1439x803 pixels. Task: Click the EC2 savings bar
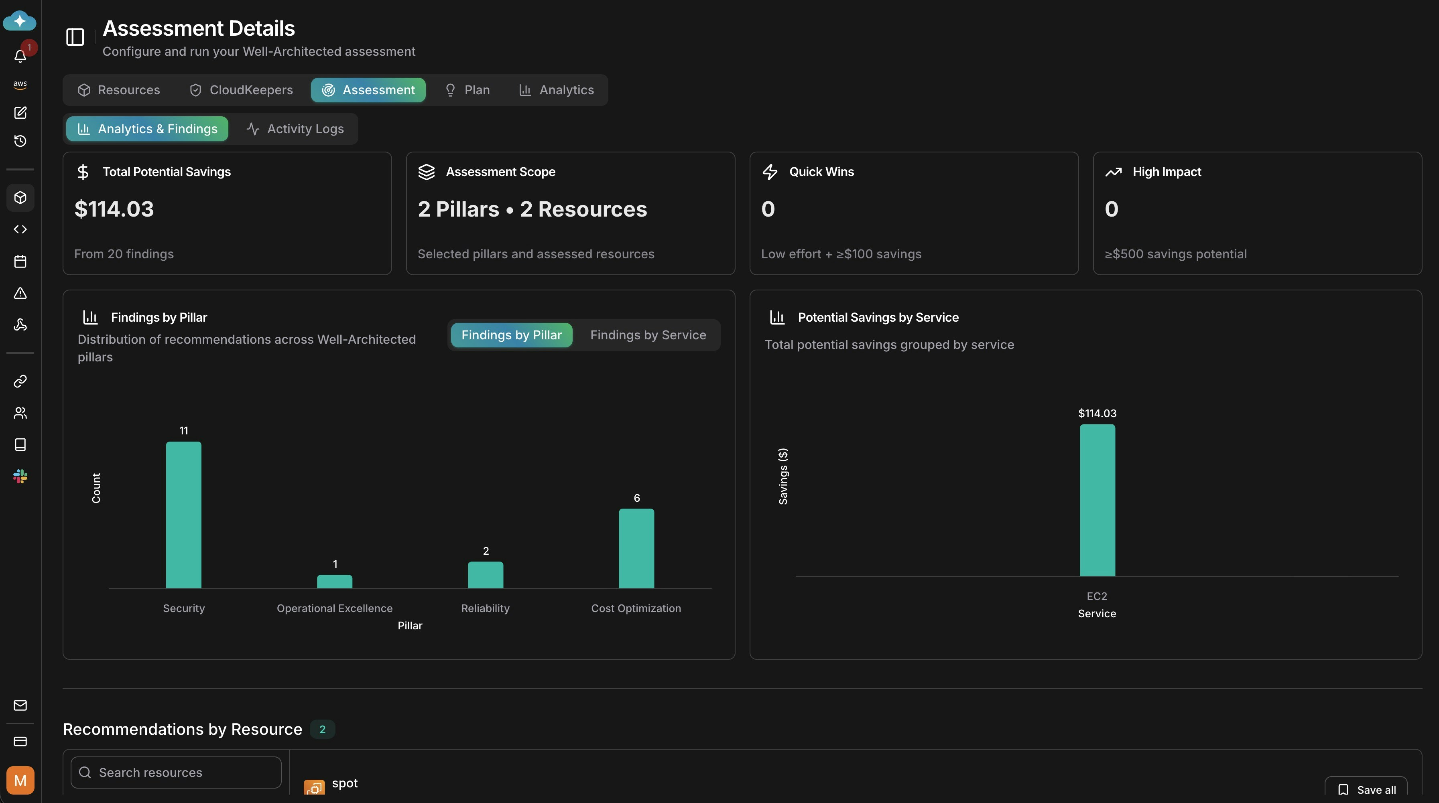tap(1097, 500)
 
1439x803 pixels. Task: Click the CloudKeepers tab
tap(241, 90)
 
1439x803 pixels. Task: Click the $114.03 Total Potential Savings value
tap(114, 209)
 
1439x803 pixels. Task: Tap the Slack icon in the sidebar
tap(20, 477)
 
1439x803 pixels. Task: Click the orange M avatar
tap(20, 780)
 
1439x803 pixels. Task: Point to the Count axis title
tap(96, 488)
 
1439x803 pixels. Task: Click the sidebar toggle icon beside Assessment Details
tap(75, 37)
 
